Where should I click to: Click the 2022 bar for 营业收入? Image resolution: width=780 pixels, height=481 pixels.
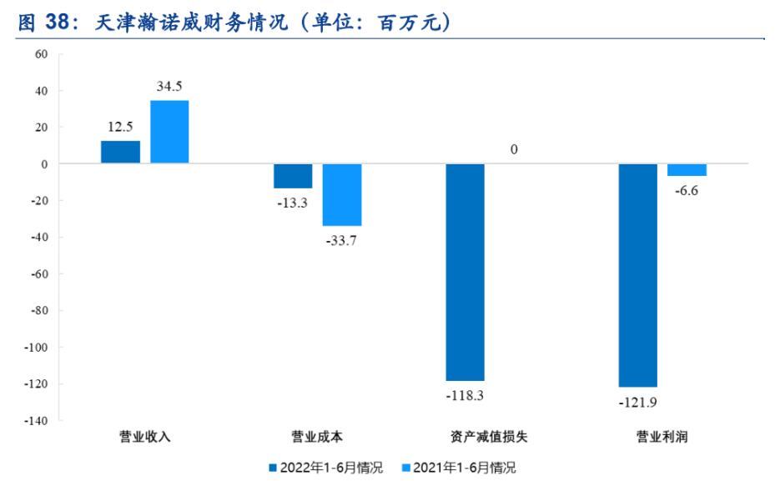(x=120, y=153)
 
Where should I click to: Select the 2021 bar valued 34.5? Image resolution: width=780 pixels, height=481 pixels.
(x=169, y=132)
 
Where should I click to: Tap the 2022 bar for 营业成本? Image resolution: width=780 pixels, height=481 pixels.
(x=293, y=176)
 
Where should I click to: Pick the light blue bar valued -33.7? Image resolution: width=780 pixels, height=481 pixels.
(x=342, y=195)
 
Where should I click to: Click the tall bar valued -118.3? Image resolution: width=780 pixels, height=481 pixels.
(x=465, y=272)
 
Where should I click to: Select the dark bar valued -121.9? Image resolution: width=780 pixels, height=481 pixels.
(x=637, y=275)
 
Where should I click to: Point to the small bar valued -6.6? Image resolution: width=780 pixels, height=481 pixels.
(x=687, y=170)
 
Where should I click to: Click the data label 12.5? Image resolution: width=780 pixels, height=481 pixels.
(x=120, y=127)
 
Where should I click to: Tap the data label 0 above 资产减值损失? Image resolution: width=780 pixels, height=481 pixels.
(x=515, y=150)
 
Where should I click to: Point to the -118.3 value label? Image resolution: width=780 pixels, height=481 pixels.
(x=465, y=395)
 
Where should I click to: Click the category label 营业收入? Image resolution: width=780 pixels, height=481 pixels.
(x=145, y=437)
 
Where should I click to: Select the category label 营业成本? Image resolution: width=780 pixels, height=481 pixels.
(x=317, y=437)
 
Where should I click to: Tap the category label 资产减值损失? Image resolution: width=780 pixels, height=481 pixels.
(x=490, y=437)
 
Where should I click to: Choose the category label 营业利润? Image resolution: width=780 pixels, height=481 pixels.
(x=662, y=437)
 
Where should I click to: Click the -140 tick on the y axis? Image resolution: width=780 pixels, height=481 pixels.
(x=38, y=421)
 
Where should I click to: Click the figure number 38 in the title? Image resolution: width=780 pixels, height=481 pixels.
(x=56, y=24)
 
